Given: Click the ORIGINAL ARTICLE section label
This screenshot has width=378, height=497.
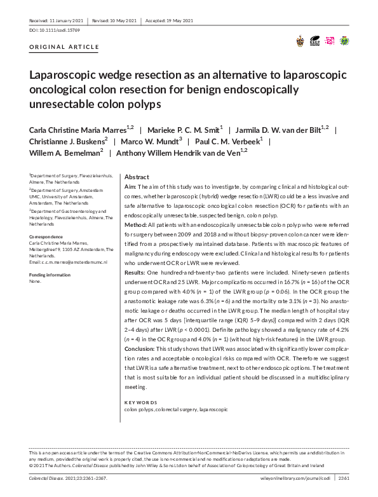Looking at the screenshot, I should coord(64,47).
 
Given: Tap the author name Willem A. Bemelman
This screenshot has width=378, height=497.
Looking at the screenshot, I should coord(64,153).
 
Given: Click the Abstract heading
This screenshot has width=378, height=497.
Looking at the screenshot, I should coord(137,177).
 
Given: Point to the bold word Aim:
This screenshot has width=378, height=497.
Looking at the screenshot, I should coord(130,188).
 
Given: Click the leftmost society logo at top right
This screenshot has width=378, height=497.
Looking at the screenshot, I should coord(300,41).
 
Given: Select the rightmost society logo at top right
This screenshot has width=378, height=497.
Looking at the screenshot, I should coord(344,41).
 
